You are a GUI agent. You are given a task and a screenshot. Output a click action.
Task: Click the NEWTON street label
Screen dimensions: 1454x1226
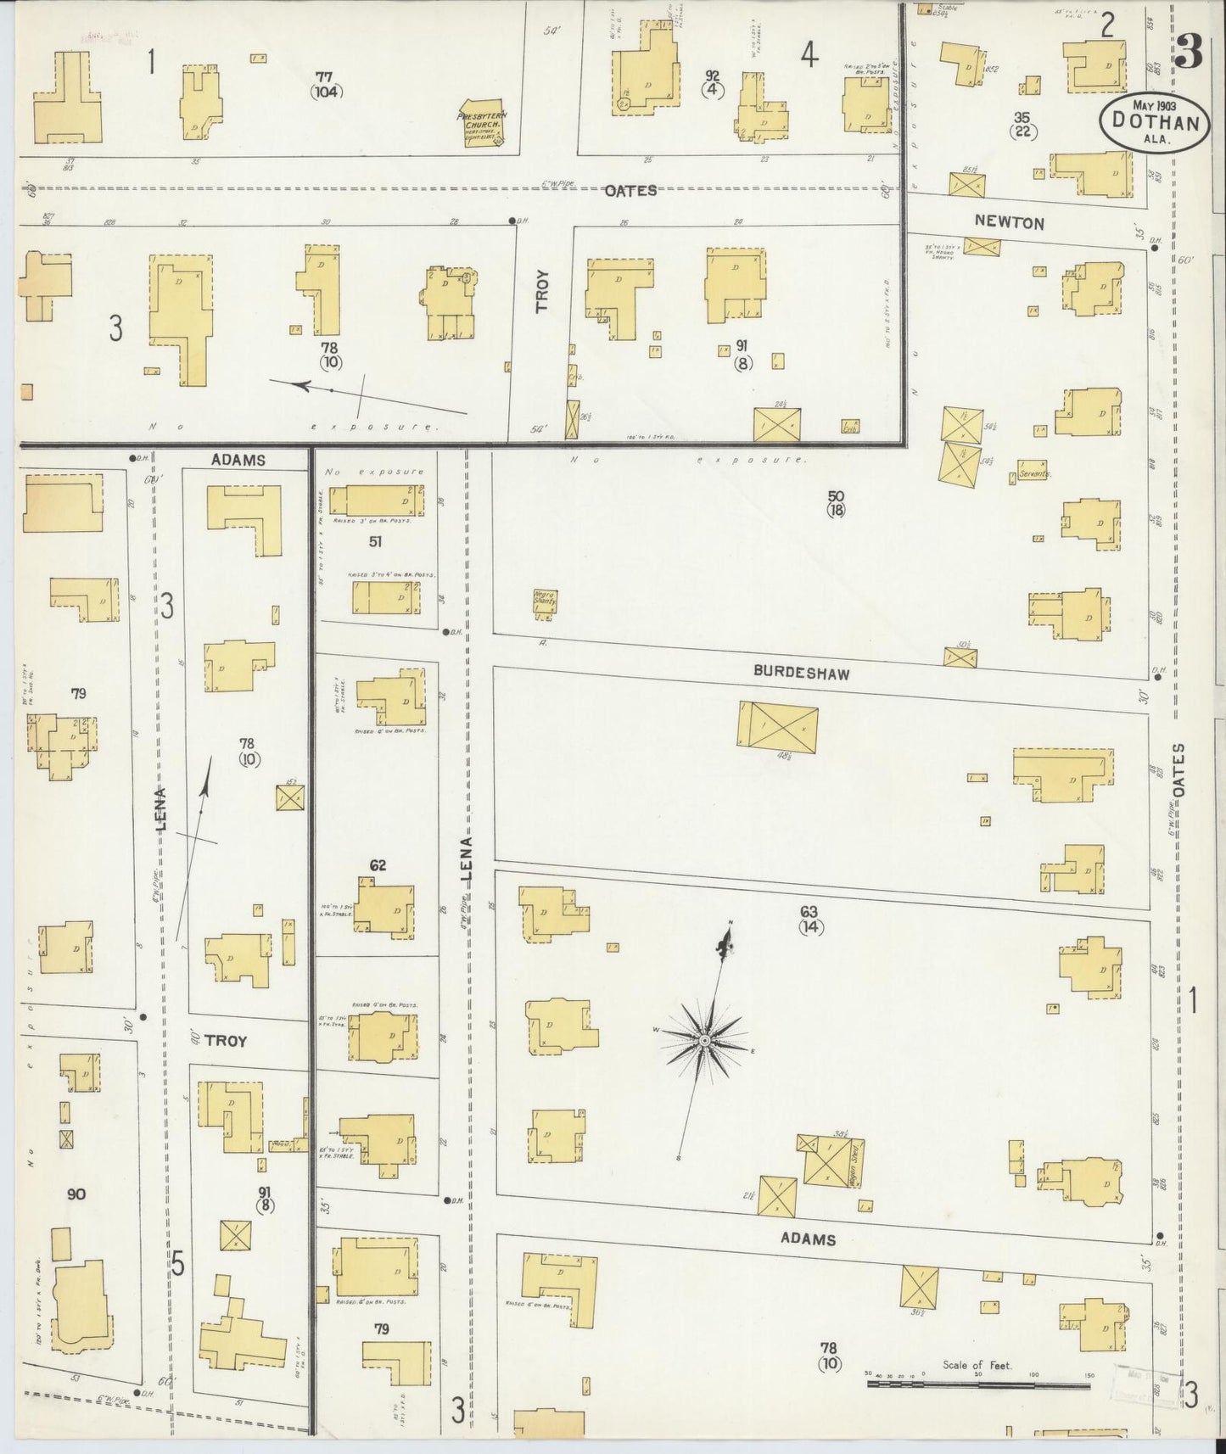point(1009,223)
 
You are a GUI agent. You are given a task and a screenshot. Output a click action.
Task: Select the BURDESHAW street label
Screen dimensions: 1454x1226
point(801,673)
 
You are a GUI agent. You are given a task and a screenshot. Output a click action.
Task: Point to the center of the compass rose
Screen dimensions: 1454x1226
point(704,1039)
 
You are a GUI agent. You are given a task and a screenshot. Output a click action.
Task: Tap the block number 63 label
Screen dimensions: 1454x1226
point(809,911)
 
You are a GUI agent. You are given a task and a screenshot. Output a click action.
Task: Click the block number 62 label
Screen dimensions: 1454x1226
point(378,865)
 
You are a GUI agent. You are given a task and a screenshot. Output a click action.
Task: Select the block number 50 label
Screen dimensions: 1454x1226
point(836,495)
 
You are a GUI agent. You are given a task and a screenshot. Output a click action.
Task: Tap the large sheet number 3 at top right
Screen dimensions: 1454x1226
point(1189,53)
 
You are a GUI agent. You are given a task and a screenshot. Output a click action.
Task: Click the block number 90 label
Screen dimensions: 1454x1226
point(76,1194)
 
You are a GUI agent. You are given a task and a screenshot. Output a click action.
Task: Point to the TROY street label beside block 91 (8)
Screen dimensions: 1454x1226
point(542,292)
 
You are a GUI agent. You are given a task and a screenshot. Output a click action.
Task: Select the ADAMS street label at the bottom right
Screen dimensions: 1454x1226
point(808,1239)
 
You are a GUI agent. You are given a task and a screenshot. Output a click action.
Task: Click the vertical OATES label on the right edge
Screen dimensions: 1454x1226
point(1178,769)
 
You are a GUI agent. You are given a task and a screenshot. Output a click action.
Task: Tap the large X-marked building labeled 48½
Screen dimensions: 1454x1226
point(778,726)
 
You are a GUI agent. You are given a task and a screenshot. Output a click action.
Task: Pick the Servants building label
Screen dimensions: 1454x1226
point(1036,474)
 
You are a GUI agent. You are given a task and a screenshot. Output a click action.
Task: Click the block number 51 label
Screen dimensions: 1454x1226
point(375,540)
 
